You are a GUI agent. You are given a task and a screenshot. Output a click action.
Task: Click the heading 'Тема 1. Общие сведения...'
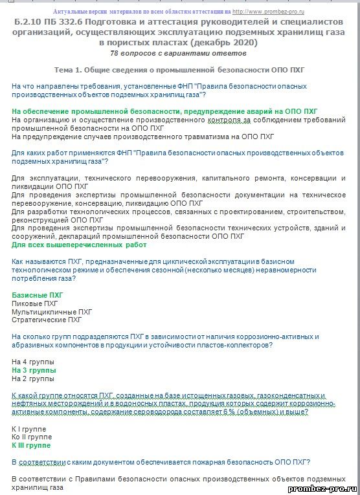coord(180,69)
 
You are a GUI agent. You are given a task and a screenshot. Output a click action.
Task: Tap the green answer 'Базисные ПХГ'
coord(38,295)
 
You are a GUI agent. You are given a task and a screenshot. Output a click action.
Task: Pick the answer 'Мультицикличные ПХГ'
coord(52,311)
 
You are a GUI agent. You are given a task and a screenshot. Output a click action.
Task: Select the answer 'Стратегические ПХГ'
coord(47,320)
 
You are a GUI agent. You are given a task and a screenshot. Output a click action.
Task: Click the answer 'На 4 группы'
coord(34,362)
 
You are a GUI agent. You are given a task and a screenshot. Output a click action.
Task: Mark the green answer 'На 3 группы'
coord(34,370)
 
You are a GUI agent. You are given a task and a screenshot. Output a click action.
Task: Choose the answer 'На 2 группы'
coord(34,379)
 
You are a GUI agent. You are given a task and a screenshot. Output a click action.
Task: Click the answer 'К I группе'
coord(30,428)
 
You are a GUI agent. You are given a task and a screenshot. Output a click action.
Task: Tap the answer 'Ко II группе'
coord(32,437)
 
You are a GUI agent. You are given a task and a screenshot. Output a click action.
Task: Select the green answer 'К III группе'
coord(31,445)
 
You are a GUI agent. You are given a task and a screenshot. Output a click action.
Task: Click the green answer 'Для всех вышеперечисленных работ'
coord(79,245)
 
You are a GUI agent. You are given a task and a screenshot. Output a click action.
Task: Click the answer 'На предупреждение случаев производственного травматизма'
coord(143,137)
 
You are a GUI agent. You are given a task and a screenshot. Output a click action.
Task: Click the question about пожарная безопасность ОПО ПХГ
coord(161,462)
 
